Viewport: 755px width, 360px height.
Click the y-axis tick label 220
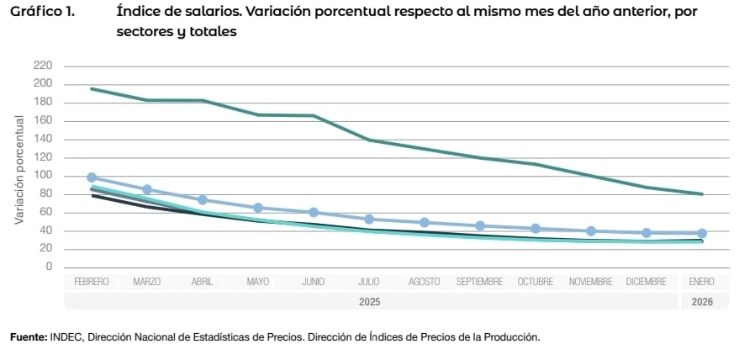[43, 66]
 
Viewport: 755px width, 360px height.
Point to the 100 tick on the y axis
[43, 176]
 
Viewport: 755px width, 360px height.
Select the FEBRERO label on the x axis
[92, 282]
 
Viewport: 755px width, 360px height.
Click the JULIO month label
[369, 282]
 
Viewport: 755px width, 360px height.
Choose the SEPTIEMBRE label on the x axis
[480, 282]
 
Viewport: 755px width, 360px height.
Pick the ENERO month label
[702, 282]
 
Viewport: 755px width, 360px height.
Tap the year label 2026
[702, 301]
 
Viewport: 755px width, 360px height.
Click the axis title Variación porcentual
[18, 169]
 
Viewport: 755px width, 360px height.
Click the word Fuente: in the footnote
[29, 337]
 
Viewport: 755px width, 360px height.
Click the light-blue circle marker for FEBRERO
[92, 177]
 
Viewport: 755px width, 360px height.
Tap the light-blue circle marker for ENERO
[702, 233]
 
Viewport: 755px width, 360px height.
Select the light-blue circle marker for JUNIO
[314, 212]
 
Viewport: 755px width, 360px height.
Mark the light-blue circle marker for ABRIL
[203, 200]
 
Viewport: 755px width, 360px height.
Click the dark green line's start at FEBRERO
[92, 88]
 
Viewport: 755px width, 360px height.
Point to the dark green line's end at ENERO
[702, 193]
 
